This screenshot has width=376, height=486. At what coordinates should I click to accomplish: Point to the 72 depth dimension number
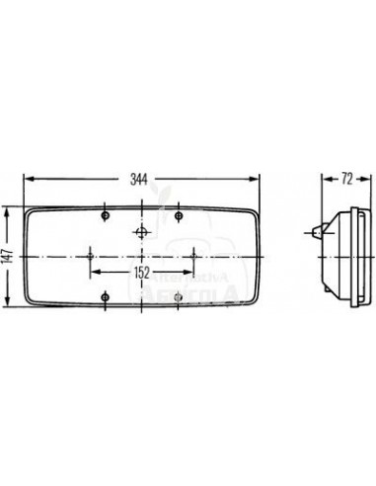click(347, 180)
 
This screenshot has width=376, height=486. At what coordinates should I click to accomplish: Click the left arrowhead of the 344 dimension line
click(27, 180)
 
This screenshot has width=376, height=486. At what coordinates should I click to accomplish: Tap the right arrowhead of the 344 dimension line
click(260, 180)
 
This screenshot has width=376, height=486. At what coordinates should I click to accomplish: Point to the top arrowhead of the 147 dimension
click(9, 209)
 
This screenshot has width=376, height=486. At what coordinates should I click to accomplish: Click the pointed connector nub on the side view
click(313, 232)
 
